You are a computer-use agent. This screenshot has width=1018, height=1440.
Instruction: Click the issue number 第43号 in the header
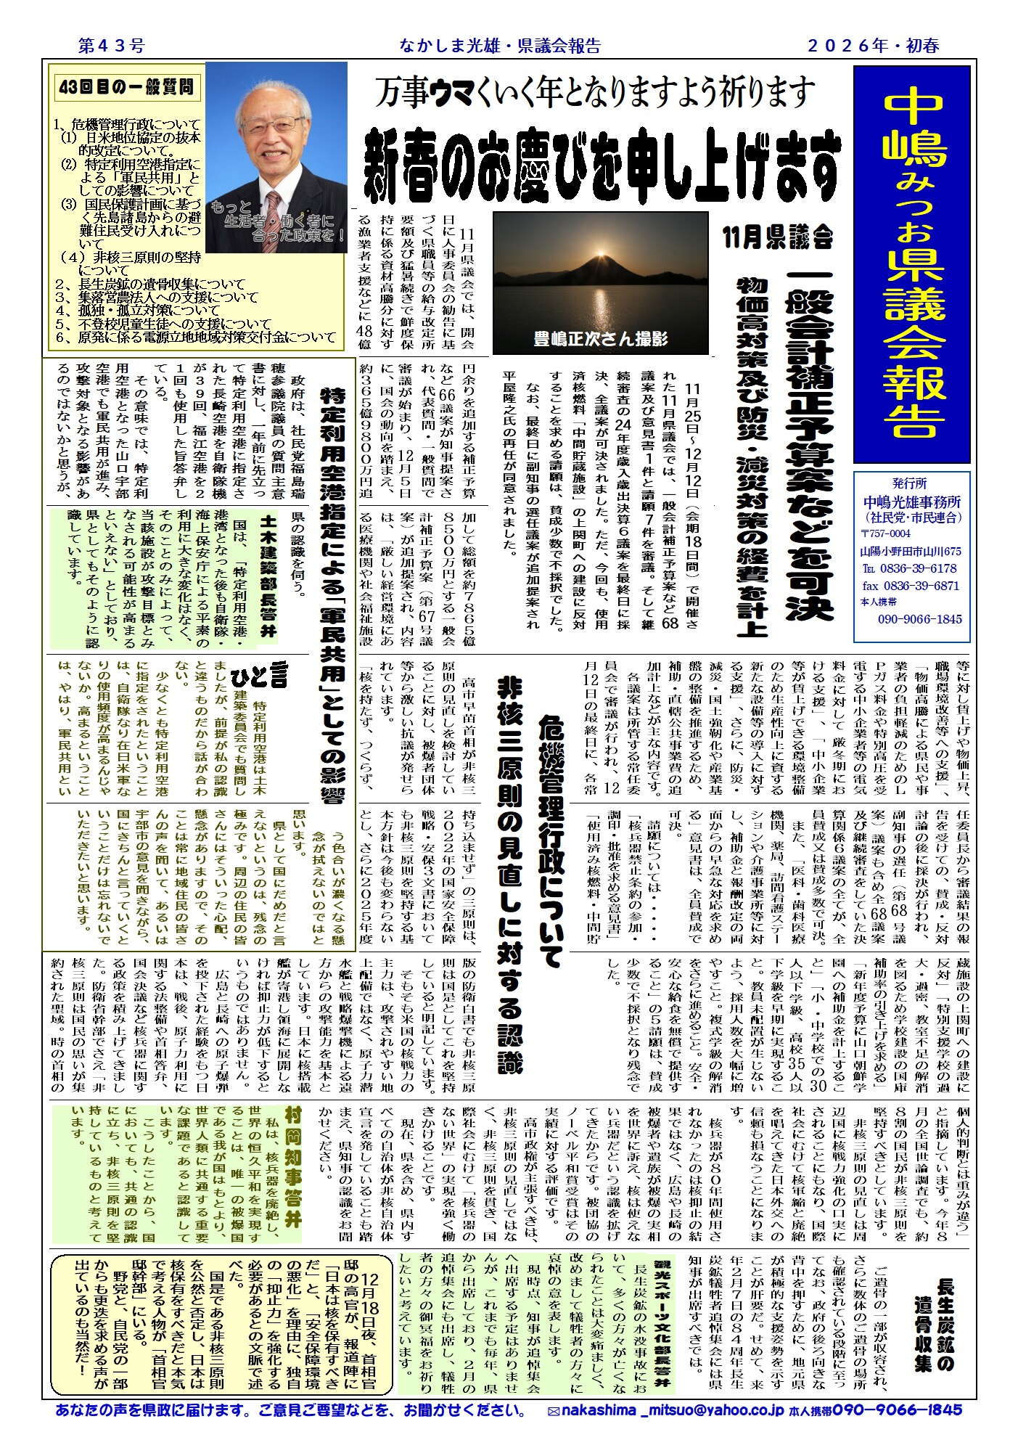pos(111,46)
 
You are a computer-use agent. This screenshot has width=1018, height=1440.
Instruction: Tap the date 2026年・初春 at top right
pos(874,46)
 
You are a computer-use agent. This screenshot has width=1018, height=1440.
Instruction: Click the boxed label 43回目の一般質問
pos(128,88)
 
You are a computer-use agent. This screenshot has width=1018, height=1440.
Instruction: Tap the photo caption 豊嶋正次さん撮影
pos(600,338)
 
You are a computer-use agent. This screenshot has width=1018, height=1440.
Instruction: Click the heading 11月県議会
pos(778,237)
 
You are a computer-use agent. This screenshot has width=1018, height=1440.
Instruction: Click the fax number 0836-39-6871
pos(911,586)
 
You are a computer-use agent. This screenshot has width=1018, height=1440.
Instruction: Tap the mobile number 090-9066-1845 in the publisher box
pos(919,619)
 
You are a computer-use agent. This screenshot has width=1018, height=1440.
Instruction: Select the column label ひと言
pos(269,677)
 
